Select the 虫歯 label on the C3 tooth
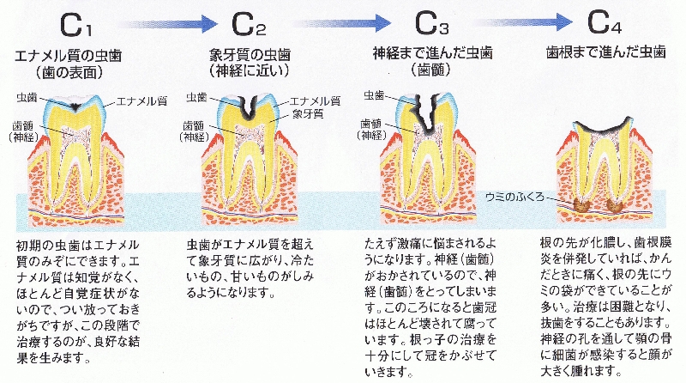coord(375,94)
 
